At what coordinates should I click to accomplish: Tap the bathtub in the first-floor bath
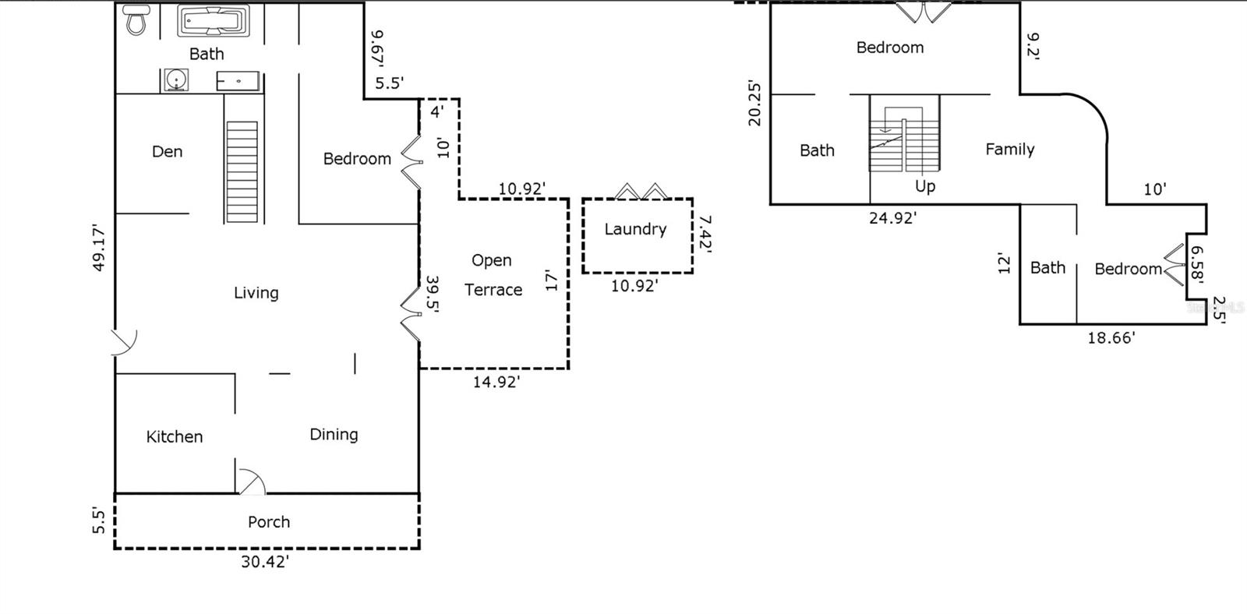pyautogui.click(x=213, y=21)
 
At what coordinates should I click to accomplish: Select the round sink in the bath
pyautogui.click(x=176, y=80)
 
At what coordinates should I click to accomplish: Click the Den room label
pyautogui.click(x=167, y=151)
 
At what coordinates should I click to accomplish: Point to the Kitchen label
pyautogui.click(x=175, y=436)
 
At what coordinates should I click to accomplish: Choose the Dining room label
pyautogui.click(x=334, y=434)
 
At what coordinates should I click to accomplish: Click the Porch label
pyautogui.click(x=269, y=522)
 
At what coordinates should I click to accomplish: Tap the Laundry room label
pyautogui.click(x=635, y=229)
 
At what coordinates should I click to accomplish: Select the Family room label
pyautogui.click(x=1009, y=149)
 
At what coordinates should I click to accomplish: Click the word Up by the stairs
pyautogui.click(x=925, y=186)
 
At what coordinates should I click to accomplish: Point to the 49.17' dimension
pyautogui.click(x=99, y=247)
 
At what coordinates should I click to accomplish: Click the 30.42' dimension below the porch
pyautogui.click(x=265, y=562)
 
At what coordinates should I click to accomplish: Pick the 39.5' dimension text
pyautogui.click(x=433, y=294)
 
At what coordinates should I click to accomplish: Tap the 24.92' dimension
pyautogui.click(x=892, y=218)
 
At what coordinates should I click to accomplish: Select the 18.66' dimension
pyautogui.click(x=1111, y=338)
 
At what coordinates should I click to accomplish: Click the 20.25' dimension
pyautogui.click(x=754, y=102)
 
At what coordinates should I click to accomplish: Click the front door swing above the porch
pyautogui.click(x=252, y=482)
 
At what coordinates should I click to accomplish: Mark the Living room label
pyautogui.click(x=256, y=293)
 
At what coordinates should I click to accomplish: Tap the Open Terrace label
pyautogui.click(x=493, y=275)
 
